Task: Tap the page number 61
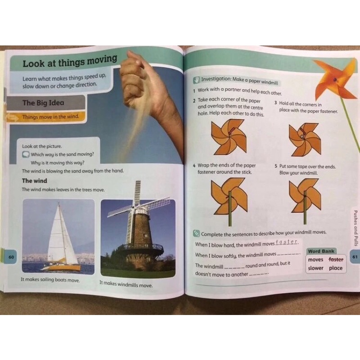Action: pyautogui.click(x=355, y=256)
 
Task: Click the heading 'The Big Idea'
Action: pyautogui.click(x=43, y=103)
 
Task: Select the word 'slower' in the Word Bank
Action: pyautogui.click(x=316, y=268)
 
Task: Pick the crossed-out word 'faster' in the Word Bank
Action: pyautogui.click(x=336, y=260)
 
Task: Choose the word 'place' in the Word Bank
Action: pyautogui.click(x=336, y=268)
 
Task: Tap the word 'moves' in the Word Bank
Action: pyautogui.click(x=315, y=260)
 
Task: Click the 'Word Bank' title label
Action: pyautogui.click(x=321, y=251)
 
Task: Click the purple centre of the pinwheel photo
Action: pyautogui.click(x=335, y=80)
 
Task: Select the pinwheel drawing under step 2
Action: pyautogui.click(x=229, y=137)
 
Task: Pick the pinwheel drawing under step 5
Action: pyautogui.click(x=305, y=200)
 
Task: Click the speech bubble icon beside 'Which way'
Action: pyautogui.click(x=26, y=154)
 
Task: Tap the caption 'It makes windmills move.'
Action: pyautogui.click(x=126, y=284)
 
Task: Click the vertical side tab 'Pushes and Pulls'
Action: pyautogui.click(x=355, y=228)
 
